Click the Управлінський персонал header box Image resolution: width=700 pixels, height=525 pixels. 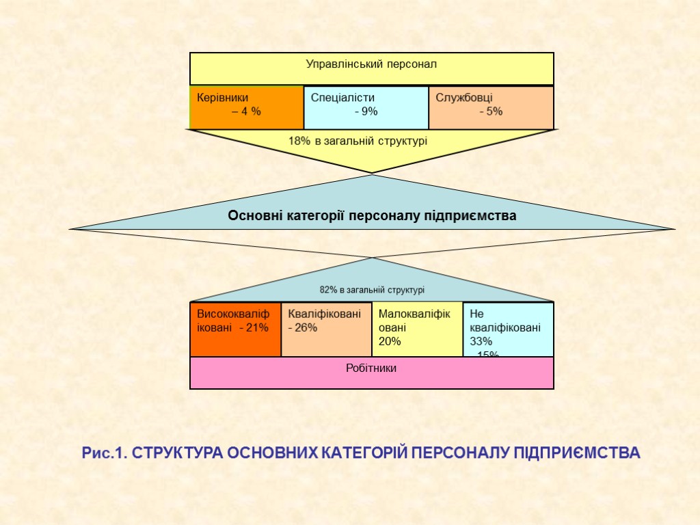click(x=371, y=68)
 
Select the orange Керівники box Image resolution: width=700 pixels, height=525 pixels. click(x=246, y=107)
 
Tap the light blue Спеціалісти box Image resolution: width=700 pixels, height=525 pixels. click(x=366, y=107)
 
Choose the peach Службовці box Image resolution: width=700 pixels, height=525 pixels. click(x=491, y=107)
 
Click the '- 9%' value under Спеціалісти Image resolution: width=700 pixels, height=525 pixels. click(x=366, y=112)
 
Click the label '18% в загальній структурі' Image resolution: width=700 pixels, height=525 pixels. click(x=358, y=141)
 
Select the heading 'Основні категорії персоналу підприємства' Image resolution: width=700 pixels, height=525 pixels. click(x=372, y=216)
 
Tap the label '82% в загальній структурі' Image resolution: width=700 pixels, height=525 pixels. click(x=372, y=290)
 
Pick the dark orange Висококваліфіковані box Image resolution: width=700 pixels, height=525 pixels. click(x=235, y=329)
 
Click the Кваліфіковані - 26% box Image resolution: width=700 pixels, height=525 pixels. click(x=326, y=329)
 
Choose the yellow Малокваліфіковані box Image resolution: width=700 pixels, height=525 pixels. click(x=417, y=329)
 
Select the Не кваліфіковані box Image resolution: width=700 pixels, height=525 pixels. click(x=509, y=329)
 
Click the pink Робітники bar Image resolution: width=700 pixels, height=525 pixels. click(x=372, y=373)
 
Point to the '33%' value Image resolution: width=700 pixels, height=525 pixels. click(x=481, y=341)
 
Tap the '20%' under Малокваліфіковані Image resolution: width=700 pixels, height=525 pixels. click(x=390, y=341)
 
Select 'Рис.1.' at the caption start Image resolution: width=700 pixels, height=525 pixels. click(x=104, y=453)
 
